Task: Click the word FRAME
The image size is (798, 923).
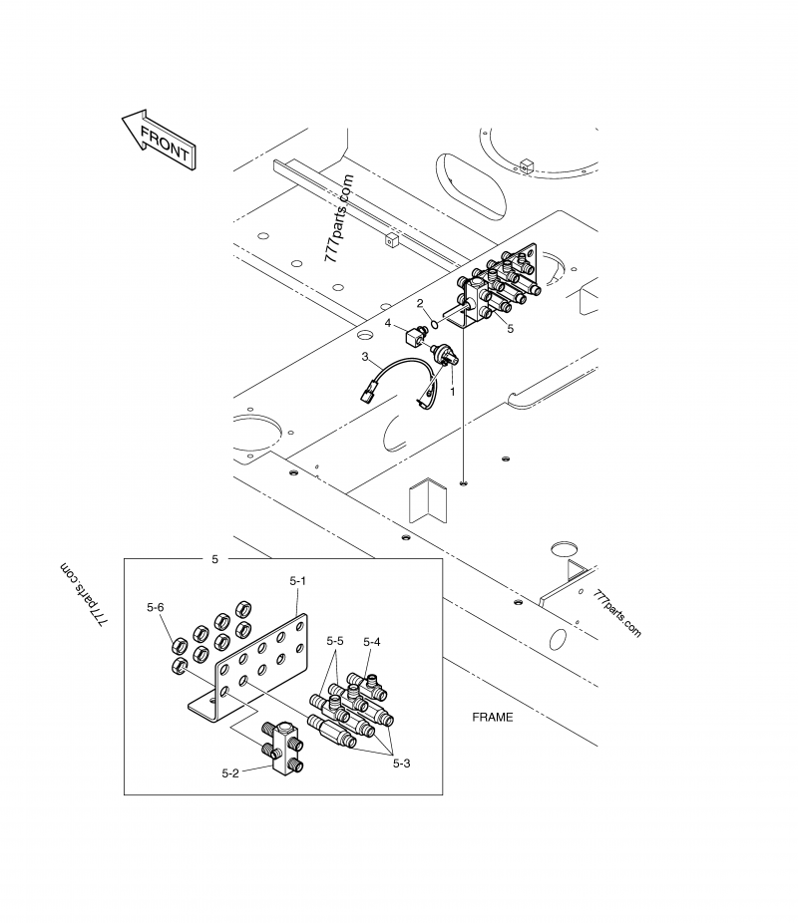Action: [x=492, y=717]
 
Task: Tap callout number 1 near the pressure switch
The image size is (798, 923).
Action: [x=452, y=393]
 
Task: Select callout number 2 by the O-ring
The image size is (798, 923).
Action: [x=420, y=303]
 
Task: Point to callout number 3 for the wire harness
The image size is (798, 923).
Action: [x=366, y=356]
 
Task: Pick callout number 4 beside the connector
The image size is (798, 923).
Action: [x=388, y=323]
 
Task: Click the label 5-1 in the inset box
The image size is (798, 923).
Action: [x=297, y=580]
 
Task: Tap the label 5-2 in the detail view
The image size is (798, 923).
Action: [x=230, y=770]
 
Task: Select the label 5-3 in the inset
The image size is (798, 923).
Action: [x=402, y=764]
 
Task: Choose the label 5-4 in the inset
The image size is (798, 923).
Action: [x=371, y=642]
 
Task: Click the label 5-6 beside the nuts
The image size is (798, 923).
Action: [x=155, y=606]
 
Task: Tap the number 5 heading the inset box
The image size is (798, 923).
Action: [x=215, y=560]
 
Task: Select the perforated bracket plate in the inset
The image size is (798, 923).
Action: [x=257, y=668]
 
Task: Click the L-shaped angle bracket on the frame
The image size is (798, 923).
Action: [x=426, y=503]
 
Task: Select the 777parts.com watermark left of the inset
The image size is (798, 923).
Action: [x=84, y=595]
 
